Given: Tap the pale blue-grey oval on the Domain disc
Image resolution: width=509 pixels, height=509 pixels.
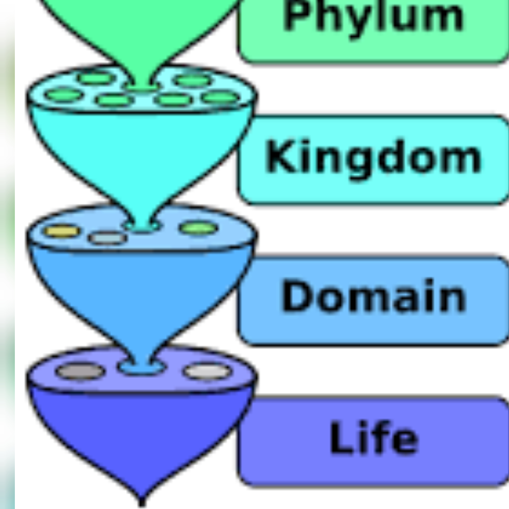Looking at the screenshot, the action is coord(107,238).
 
